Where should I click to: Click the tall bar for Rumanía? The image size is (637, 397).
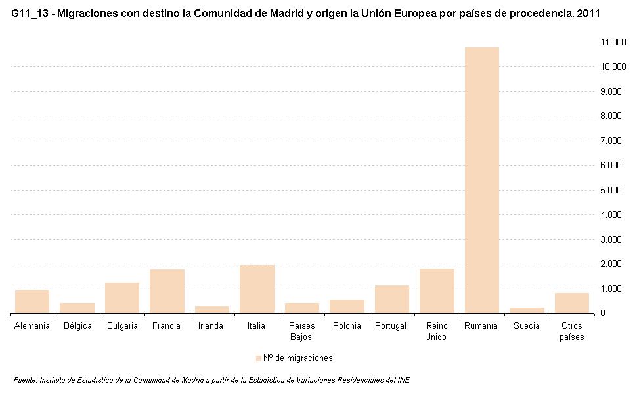point(481,180)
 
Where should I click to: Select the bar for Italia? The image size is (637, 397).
point(257,289)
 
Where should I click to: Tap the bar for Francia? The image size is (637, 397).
point(167,291)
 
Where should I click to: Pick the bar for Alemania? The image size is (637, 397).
point(32,302)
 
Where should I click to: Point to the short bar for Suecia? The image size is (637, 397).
point(527,310)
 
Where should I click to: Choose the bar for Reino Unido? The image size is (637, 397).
point(437,291)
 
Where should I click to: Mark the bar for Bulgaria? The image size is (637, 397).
point(122,298)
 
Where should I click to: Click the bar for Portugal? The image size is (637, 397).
point(391,299)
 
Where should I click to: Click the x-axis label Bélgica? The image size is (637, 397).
point(77,326)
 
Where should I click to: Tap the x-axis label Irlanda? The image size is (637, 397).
point(211,326)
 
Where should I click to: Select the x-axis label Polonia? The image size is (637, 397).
point(347,326)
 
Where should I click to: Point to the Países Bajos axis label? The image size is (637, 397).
point(301,331)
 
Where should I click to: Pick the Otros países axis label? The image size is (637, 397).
point(571,331)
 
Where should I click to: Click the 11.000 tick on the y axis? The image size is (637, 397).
point(612,42)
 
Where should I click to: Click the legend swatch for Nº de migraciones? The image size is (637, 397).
point(258,358)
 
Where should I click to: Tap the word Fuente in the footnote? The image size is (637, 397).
point(25,380)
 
